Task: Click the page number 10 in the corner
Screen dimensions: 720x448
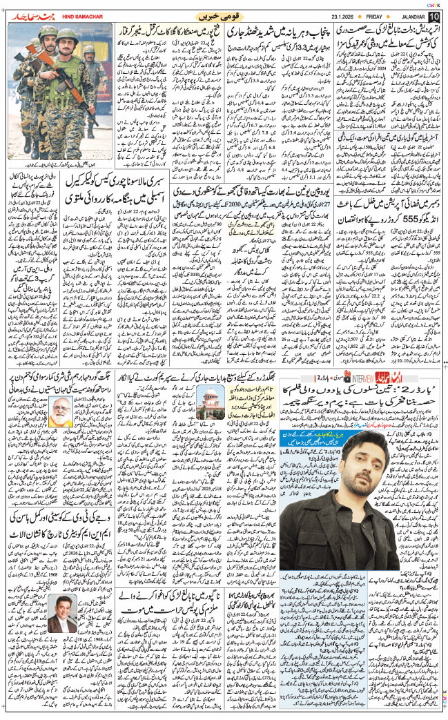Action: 434,15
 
